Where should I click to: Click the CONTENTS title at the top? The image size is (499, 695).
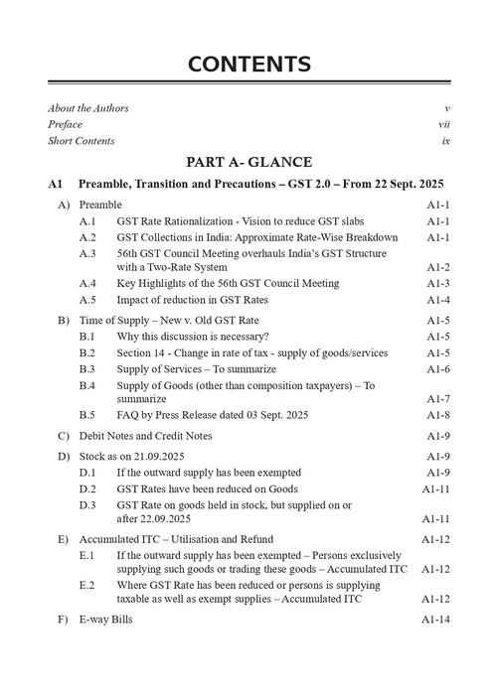point(249,66)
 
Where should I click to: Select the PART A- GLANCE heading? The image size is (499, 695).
point(249,162)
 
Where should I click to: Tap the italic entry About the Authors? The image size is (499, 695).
point(95,107)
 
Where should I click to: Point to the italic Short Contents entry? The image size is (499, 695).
point(82,141)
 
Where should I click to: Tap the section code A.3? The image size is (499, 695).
point(87,253)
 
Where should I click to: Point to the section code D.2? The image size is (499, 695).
point(87,488)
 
